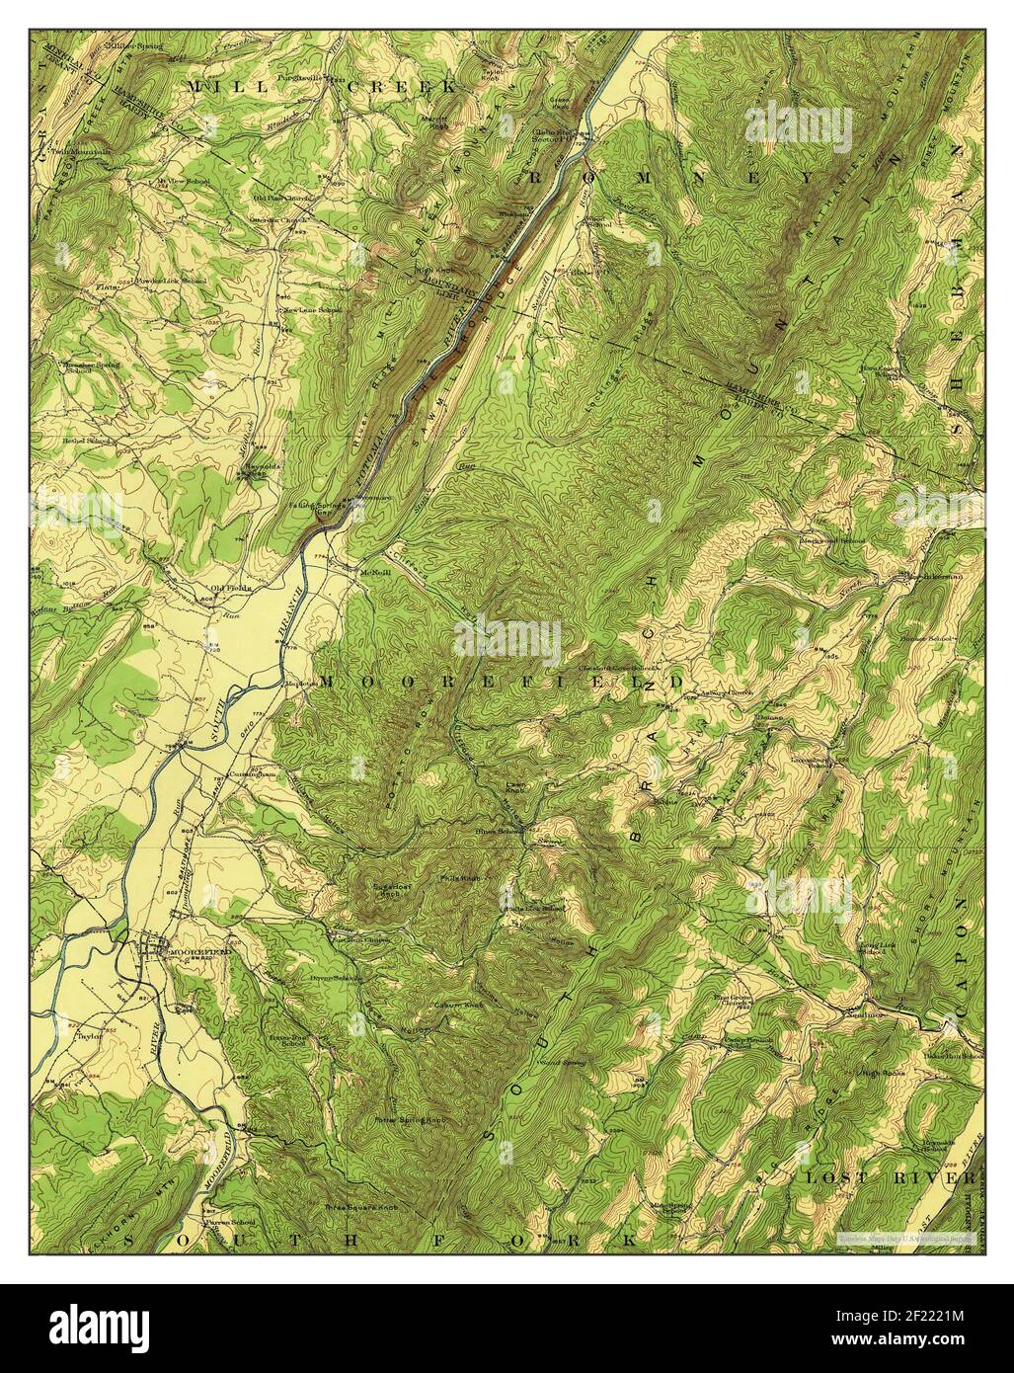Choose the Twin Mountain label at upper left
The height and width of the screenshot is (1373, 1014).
[x=70, y=151]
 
